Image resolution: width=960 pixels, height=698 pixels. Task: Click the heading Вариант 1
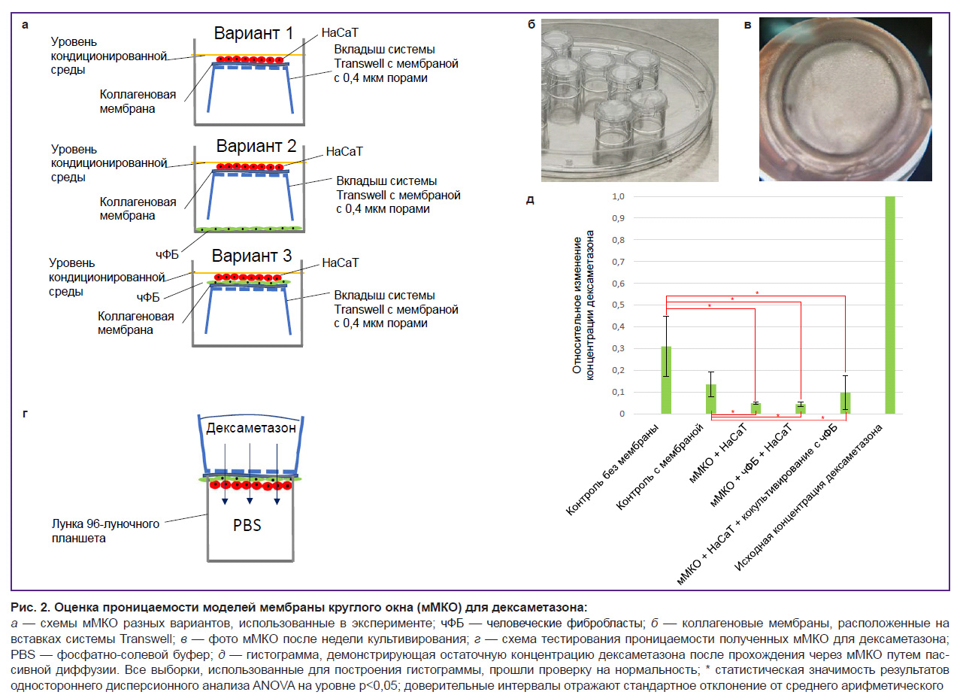[x=253, y=33]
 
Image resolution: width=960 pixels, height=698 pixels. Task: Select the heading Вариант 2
[x=256, y=146]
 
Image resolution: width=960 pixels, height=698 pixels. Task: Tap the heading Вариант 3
[x=252, y=256]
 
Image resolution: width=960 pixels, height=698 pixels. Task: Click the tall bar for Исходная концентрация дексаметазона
[x=890, y=305]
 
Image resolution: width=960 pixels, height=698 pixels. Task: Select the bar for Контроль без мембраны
[x=666, y=380]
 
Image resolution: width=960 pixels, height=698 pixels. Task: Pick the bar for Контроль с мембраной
[x=711, y=399]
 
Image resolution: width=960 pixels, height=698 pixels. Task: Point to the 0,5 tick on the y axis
[x=618, y=305]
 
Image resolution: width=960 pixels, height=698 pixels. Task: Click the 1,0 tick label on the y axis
[x=618, y=196]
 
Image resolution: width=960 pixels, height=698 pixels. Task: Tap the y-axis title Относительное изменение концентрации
[x=583, y=305]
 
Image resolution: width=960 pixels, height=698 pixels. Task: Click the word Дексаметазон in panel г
[x=251, y=428]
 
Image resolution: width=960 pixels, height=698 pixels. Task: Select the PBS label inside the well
[x=247, y=525]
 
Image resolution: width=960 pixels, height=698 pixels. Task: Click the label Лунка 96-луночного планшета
[x=105, y=531]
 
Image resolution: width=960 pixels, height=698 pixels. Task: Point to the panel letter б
[x=531, y=24]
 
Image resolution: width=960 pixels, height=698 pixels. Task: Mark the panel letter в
[x=747, y=25]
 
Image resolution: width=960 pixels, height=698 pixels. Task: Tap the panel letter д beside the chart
[x=530, y=200]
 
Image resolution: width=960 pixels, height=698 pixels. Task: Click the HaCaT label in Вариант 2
[x=344, y=151]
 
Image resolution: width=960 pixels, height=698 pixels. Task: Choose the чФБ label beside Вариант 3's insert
[x=148, y=297]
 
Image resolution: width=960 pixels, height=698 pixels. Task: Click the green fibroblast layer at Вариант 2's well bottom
[x=248, y=229]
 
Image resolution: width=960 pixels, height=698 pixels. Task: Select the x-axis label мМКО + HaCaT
[x=718, y=453]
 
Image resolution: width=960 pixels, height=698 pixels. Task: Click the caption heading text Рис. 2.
[x=30, y=607]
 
